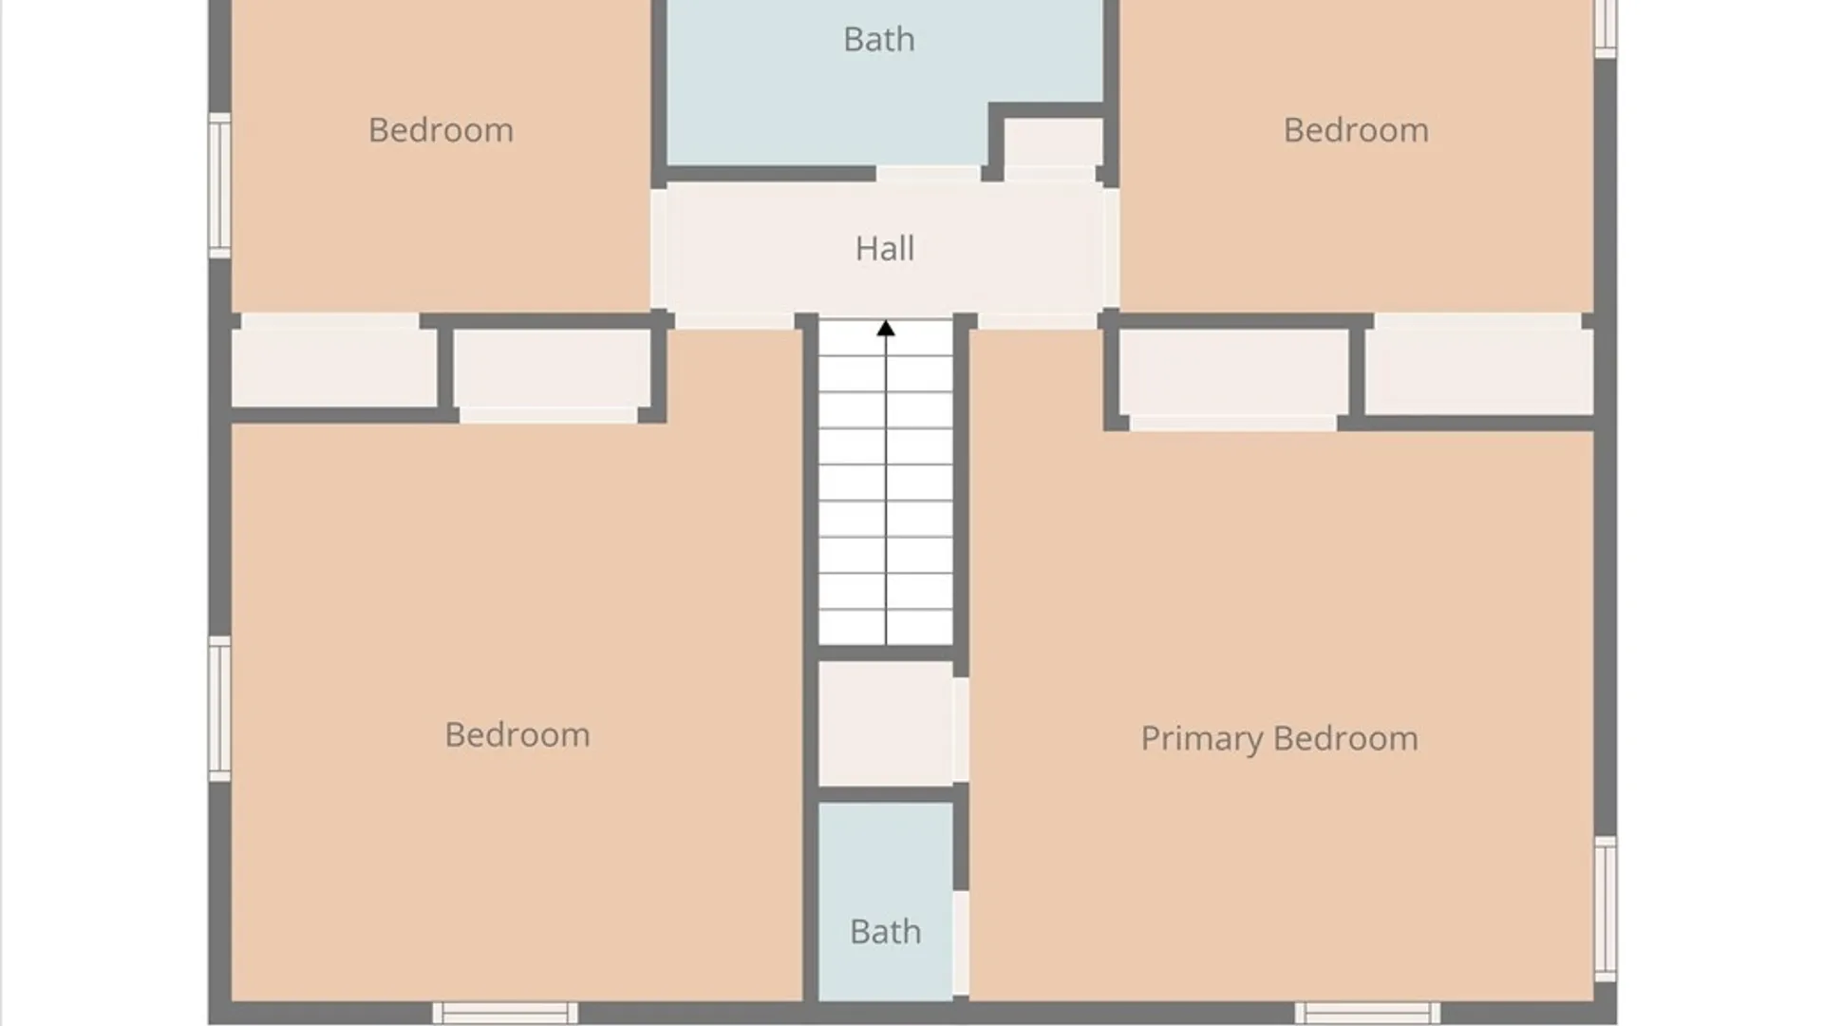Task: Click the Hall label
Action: pyautogui.click(x=884, y=249)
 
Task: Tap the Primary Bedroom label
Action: pyautogui.click(x=1279, y=739)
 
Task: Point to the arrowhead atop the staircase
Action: pyautogui.click(x=886, y=329)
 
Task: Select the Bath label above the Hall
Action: pyautogui.click(x=879, y=40)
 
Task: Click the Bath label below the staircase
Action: pyautogui.click(x=885, y=932)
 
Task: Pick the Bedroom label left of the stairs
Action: pyautogui.click(x=517, y=734)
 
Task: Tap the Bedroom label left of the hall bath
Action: pyautogui.click(x=441, y=130)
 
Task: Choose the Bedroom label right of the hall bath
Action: pyautogui.click(x=1356, y=130)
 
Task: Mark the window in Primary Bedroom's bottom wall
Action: pyautogui.click(x=1367, y=1013)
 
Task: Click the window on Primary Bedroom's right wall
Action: pyautogui.click(x=1606, y=909)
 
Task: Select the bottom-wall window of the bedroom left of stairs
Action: pyautogui.click(x=505, y=1013)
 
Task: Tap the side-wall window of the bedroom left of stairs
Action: pyautogui.click(x=219, y=709)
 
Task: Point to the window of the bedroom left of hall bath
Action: pyautogui.click(x=219, y=185)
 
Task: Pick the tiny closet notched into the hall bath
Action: pyautogui.click(x=1053, y=143)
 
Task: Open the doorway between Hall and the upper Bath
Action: pyautogui.click(x=928, y=175)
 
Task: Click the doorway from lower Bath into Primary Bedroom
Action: pyautogui.click(x=961, y=943)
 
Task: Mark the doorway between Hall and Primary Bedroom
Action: pyautogui.click(x=1038, y=321)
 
